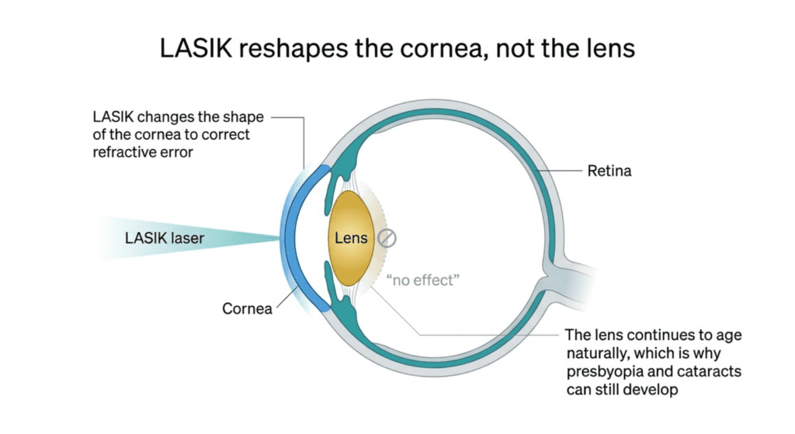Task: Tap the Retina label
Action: pyautogui.click(x=609, y=171)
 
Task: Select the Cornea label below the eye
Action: pyautogui.click(x=247, y=308)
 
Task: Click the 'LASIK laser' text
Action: pyautogui.click(x=165, y=238)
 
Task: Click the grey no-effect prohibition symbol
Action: pyautogui.click(x=387, y=238)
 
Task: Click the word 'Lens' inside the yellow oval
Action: pyautogui.click(x=351, y=238)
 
